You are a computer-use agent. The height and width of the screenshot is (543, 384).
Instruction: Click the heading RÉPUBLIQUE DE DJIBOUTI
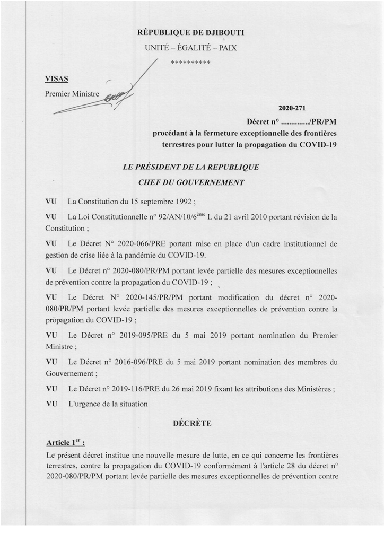coord(191,33)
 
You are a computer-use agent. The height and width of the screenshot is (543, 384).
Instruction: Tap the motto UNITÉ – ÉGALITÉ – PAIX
coord(191,48)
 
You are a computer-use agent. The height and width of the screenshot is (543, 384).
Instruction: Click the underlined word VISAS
coord(57,79)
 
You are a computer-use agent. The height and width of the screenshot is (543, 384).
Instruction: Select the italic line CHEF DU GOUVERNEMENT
coord(191,182)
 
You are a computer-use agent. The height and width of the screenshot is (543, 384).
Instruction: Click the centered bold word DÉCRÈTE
coord(192,423)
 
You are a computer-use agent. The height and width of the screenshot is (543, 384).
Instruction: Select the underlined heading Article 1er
coord(65,442)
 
